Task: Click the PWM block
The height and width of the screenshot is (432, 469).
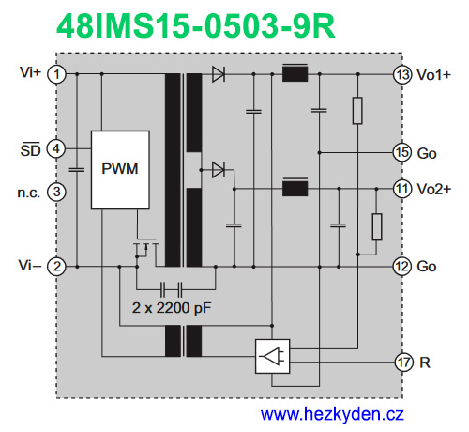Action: [x=120, y=170]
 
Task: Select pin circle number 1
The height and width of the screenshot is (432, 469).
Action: [x=57, y=73]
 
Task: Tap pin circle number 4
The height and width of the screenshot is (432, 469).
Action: [x=57, y=148]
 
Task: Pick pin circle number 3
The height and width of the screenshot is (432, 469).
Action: [x=57, y=192]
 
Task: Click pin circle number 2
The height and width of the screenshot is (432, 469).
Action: [x=57, y=267]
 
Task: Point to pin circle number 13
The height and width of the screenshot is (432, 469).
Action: [x=402, y=73]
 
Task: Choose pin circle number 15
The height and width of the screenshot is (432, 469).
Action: [x=402, y=151]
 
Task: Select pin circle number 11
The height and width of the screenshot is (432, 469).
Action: [x=402, y=189]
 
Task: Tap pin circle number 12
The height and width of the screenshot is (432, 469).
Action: [x=402, y=267]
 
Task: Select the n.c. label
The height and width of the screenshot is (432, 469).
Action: [x=26, y=192]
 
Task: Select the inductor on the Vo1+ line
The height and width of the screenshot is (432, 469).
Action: [x=295, y=73]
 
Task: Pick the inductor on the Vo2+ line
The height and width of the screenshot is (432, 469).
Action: [x=295, y=188]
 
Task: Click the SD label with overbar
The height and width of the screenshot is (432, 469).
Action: [x=31, y=148]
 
